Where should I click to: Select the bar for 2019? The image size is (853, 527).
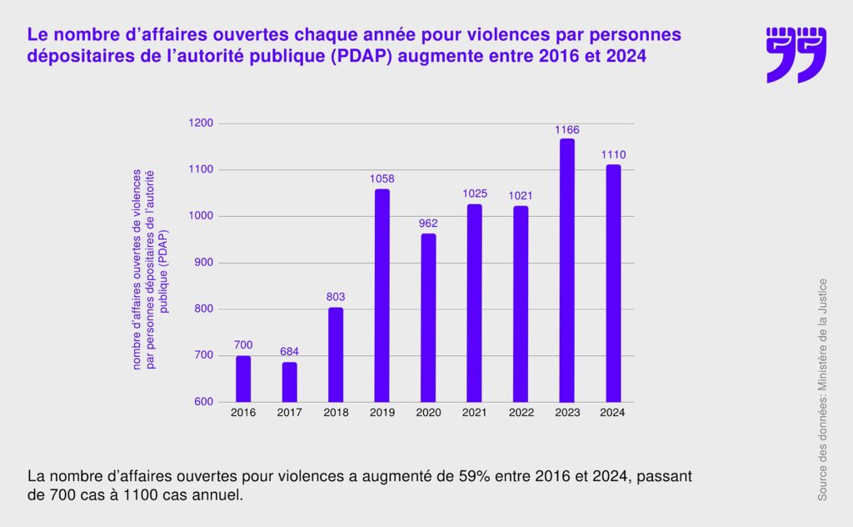[x=382, y=296]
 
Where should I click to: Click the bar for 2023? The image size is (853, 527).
[x=566, y=271]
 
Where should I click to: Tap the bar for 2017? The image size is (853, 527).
[x=289, y=383]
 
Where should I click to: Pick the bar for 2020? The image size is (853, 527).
[x=428, y=319]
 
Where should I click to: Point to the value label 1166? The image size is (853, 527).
[x=566, y=130]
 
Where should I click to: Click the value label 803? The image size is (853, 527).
[x=336, y=297]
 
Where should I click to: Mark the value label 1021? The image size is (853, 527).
[x=521, y=195]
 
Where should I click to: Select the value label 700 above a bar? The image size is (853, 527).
[x=243, y=344]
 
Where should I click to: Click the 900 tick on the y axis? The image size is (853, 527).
[x=203, y=263]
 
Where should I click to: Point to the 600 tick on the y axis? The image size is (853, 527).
[x=203, y=402]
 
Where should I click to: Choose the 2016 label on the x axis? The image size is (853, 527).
[x=243, y=413]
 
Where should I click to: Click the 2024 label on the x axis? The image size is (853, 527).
[x=613, y=413]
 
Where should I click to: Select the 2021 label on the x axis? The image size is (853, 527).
[x=474, y=413]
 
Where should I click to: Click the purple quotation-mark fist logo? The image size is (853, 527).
[x=796, y=54]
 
